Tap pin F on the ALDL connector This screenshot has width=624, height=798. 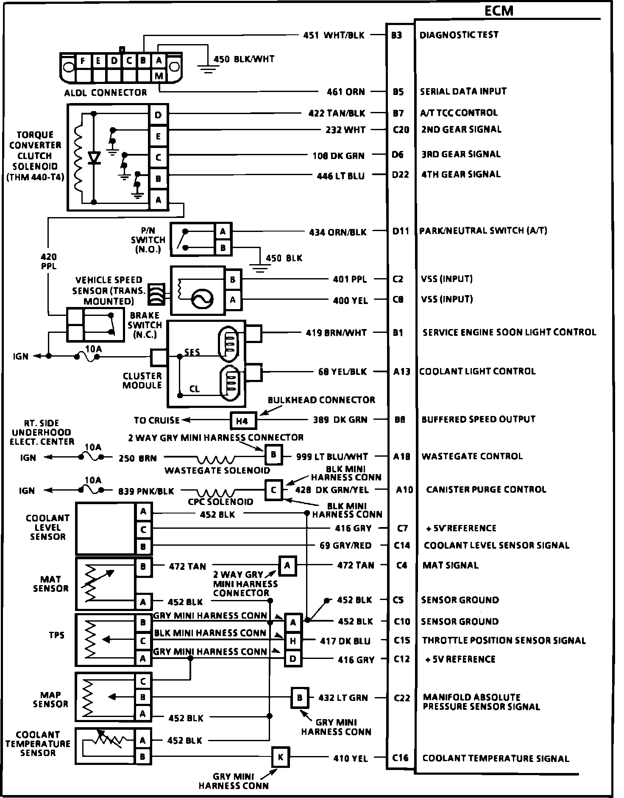point(83,61)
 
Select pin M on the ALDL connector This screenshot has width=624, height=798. point(159,76)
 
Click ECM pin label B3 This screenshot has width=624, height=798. point(397,35)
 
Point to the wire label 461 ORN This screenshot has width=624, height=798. point(345,92)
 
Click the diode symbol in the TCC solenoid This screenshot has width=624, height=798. point(94,157)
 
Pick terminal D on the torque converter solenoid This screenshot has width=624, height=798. point(159,115)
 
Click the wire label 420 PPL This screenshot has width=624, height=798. point(49,262)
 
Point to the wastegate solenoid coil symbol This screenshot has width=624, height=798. point(215,459)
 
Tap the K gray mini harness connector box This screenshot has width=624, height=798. point(281,757)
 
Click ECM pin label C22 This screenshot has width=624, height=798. point(402,698)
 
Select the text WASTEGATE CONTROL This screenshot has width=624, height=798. point(472,456)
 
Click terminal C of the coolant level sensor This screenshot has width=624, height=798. point(143,529)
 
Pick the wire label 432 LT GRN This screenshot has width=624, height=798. point(343,698)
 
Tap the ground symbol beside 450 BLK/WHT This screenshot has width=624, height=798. point(207,68)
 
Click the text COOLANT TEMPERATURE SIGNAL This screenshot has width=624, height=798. point(496,758)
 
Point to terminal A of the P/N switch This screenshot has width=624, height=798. point(223,232)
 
